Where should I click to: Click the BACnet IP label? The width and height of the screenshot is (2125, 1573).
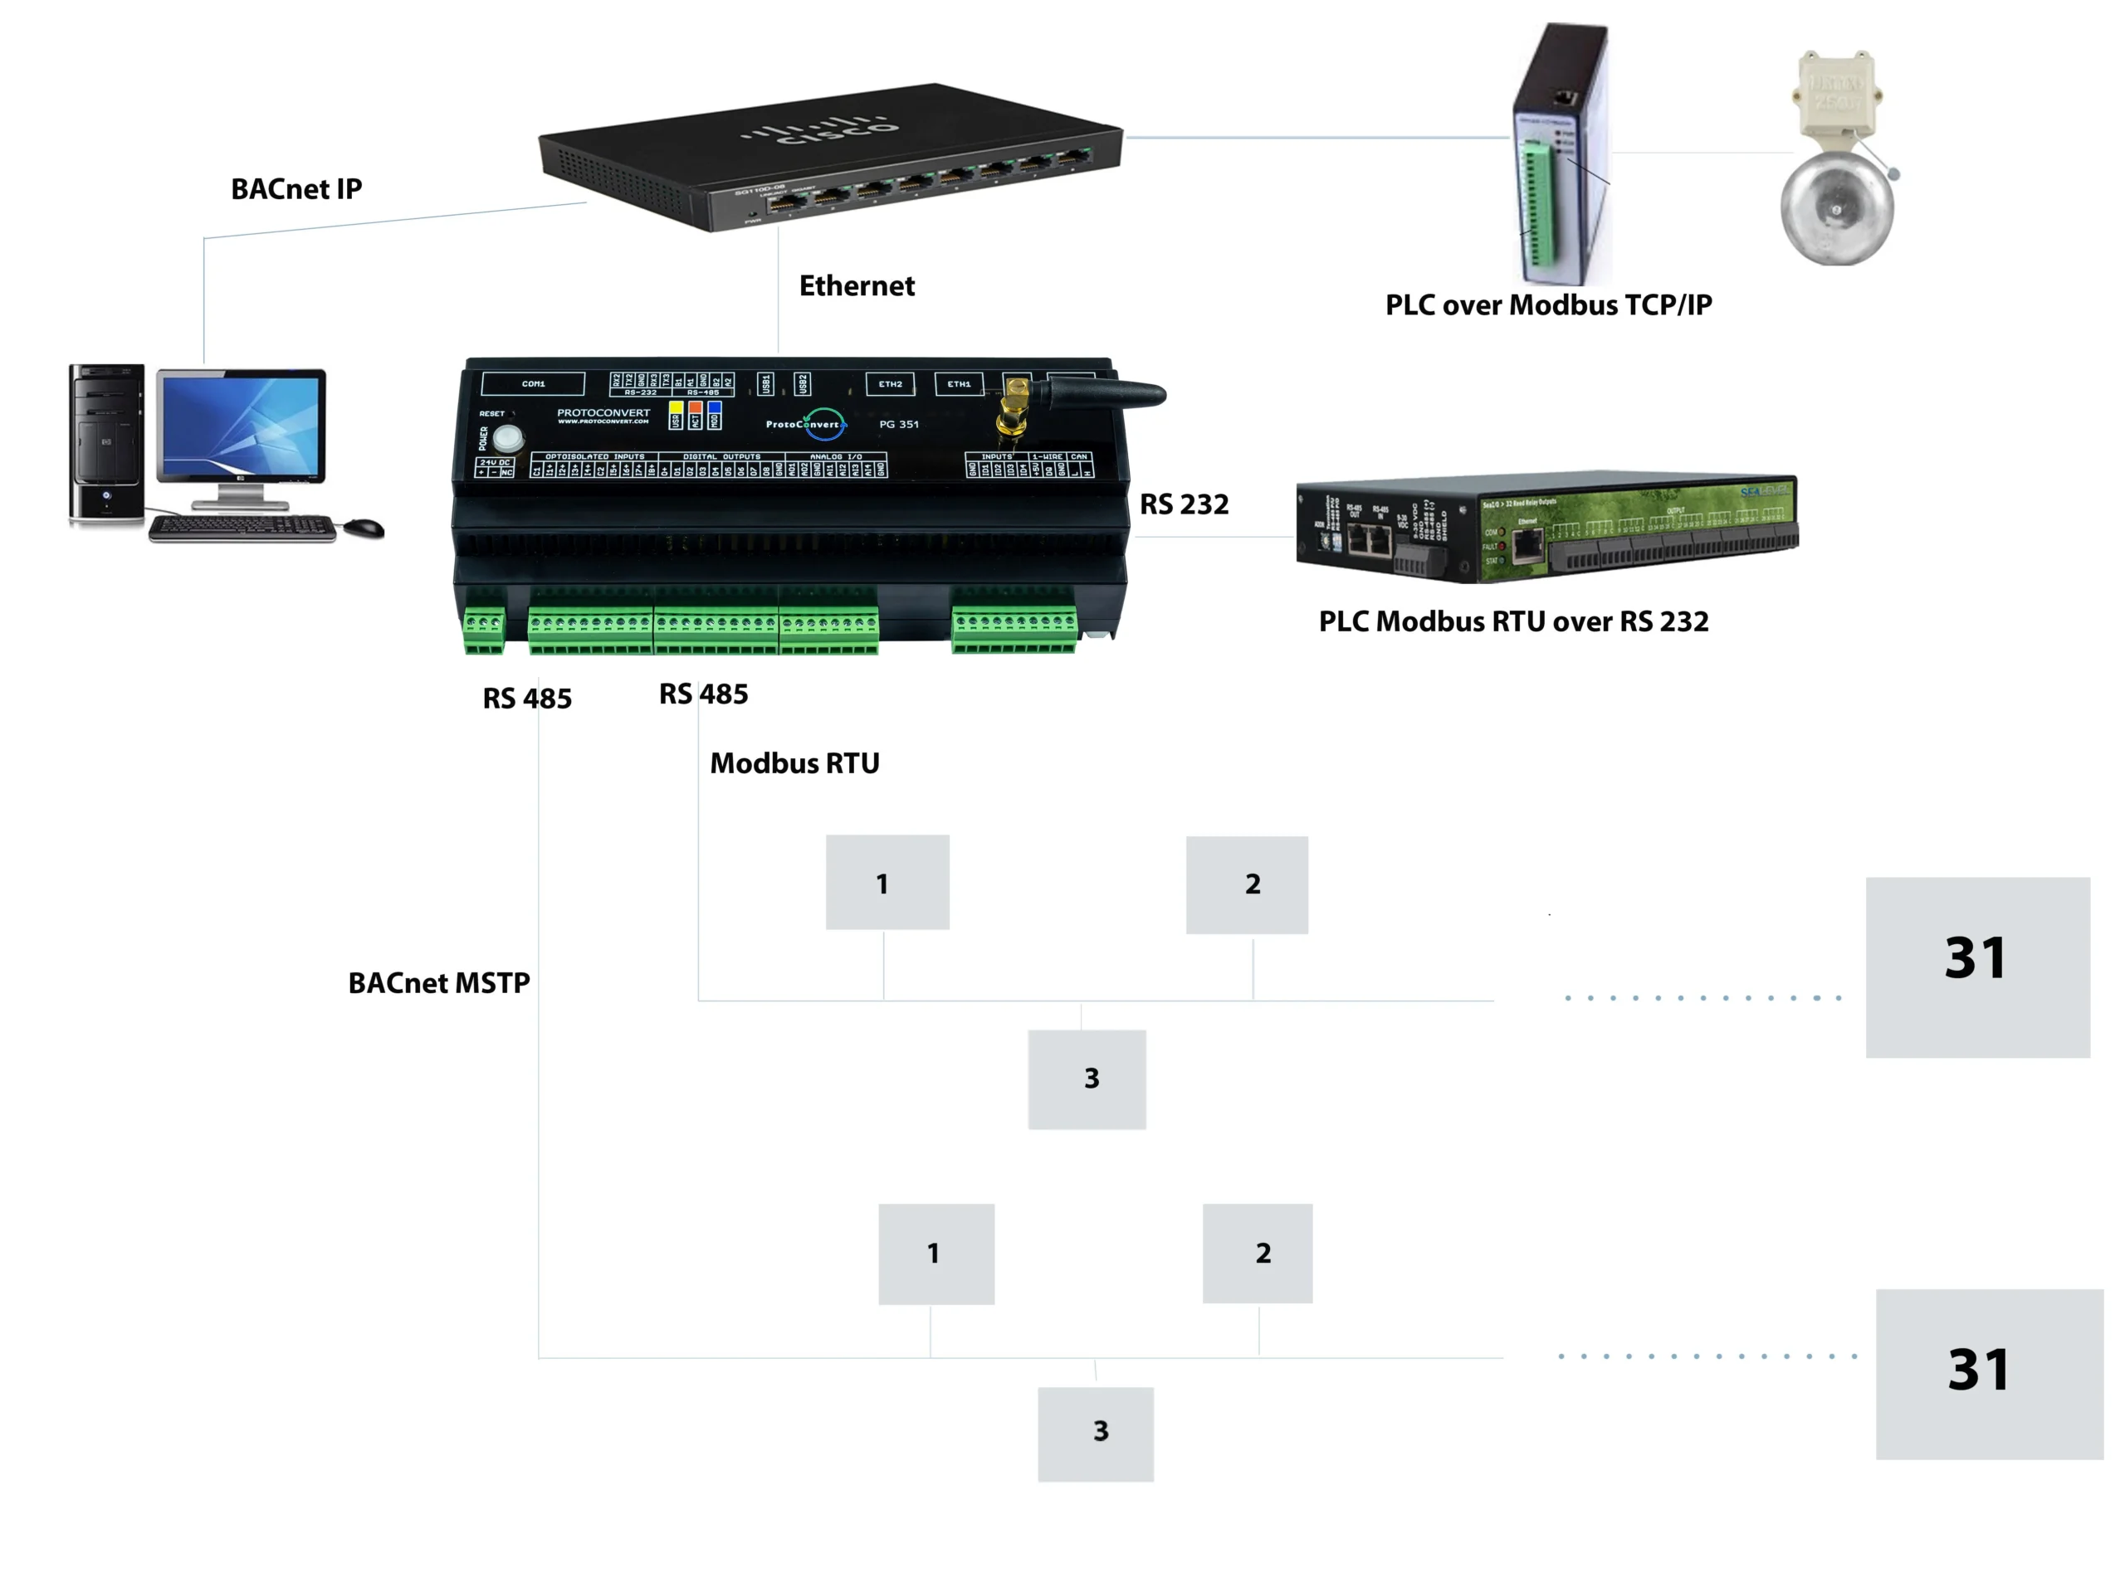click(296, 188)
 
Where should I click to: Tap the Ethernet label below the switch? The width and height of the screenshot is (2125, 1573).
click(857, 285)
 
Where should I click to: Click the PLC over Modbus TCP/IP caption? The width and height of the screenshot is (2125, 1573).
click(1548, 304)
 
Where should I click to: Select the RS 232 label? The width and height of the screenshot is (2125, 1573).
click(1184, 504)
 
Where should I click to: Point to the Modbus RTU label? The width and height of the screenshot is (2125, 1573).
click(794, 762)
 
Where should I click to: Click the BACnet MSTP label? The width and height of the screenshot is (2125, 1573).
click(438, 982)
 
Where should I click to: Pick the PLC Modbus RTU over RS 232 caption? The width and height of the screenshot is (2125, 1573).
click(1512, 621)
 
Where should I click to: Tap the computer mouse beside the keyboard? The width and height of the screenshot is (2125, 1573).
click(364, 527)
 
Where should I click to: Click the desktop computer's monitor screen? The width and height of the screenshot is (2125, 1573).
click(241, 425)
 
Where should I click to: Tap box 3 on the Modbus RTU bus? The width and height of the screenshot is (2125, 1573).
click(1087, 1079)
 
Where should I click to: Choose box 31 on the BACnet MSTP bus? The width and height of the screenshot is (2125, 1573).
click(1989, 1373)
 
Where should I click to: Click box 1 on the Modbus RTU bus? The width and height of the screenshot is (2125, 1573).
click(887, 882)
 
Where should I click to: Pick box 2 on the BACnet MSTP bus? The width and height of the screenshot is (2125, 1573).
click(1258, 1252)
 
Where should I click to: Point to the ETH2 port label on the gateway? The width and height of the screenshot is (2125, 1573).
click(890, 384)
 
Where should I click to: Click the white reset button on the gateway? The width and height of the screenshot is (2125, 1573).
click(508, 438)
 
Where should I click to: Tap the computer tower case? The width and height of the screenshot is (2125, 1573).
click(107, 443)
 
